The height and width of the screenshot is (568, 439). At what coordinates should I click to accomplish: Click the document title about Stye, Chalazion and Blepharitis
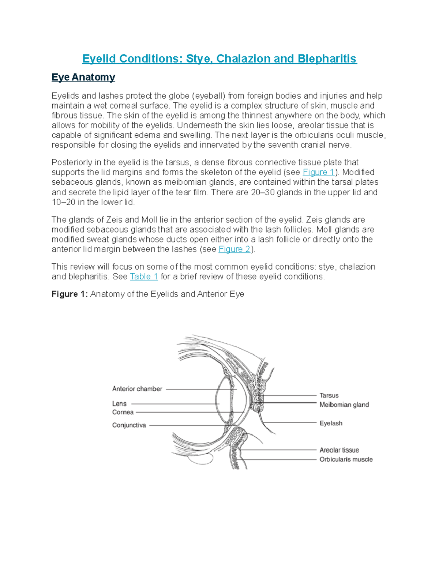219,59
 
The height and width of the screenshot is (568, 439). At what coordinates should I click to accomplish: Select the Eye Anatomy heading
83,77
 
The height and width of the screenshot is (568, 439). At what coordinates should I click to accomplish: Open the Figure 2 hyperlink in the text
234,249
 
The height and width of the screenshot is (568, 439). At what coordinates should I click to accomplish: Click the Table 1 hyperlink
144,277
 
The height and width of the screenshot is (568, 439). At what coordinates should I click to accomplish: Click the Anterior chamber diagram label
137,389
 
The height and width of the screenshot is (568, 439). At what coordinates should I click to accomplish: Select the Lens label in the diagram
119,404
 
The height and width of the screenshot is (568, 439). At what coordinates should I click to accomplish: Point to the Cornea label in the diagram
123,412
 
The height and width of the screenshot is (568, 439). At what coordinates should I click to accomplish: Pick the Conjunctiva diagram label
129,425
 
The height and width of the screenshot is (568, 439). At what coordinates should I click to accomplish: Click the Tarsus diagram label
329,395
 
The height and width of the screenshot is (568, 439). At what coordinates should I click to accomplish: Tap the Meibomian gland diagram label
344,405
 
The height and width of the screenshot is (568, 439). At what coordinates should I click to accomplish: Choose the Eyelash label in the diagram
331,423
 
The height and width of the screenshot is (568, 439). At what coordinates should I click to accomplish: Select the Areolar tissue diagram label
339,450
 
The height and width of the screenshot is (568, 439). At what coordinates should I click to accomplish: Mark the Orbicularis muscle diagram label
346,459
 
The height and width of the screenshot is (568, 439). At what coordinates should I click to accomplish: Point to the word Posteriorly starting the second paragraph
72,162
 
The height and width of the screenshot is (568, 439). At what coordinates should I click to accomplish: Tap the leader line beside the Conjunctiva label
187,425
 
